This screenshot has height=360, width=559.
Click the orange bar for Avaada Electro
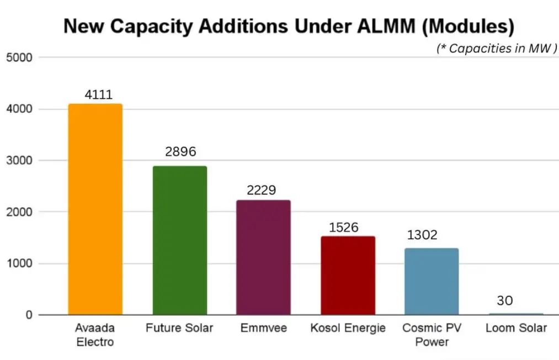point(95,209)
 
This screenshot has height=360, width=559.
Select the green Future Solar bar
point(180,240)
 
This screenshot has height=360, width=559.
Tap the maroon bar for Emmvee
point(263,257)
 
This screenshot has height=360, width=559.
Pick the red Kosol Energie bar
point(348,276)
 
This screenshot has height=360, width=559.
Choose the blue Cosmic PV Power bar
point(431,282)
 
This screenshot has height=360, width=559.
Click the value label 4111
point(99,94)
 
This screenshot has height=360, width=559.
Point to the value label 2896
point(180,152)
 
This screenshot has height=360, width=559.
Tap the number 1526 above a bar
point(343,227)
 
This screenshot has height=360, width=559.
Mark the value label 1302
point(422,235)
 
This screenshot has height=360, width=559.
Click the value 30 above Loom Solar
point(504,301)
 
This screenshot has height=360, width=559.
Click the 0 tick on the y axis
point(28,315)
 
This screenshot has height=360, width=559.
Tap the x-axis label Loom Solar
point(516,328)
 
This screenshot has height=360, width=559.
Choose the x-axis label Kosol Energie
point(348,328)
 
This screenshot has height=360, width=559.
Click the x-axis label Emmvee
point(263,328)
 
